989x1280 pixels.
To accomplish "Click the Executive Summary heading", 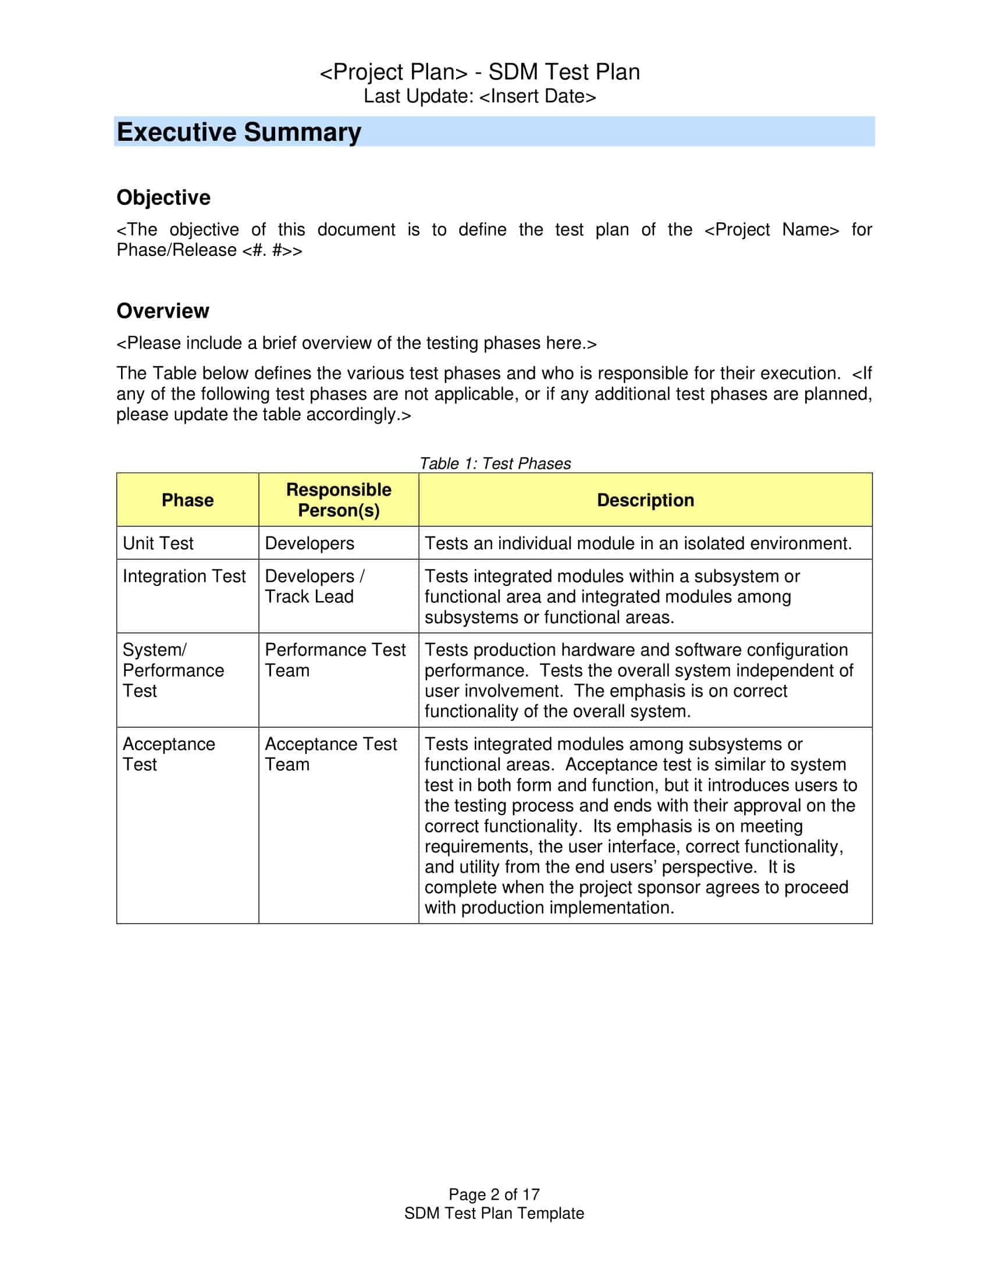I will [x=239, y=132].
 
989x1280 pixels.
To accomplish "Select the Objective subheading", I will [x=163, y=197].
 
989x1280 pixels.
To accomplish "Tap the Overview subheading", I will [x=162, y=311].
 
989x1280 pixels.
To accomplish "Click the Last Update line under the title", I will [x=479, y=96].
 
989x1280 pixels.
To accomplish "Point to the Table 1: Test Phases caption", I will [x=494, y=464].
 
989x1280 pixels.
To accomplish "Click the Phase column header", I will [x=187, y=500].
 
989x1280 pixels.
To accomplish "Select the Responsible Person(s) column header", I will [x=339, y=500].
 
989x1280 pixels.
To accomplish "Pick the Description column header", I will [x=645, y=500].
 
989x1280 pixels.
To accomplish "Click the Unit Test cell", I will [x=158, y=543].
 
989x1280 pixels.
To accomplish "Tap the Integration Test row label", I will [x=184, y=576].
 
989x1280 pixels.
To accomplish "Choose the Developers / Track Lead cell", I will [x=314, y=586].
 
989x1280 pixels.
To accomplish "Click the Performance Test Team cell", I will [x=335, y=660].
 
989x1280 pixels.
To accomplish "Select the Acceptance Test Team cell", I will [x=330, y=753].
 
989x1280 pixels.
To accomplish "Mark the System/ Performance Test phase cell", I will [x=173, y=670].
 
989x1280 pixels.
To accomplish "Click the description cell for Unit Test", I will [x=638, y=543].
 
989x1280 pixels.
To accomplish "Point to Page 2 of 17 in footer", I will [x=494, y=1194].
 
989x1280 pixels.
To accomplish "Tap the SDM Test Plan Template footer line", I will [x=494, y=1213].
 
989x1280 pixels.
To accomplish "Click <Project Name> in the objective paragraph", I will [x=771, y=230].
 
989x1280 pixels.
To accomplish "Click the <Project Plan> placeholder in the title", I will [x=393, y=72].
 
